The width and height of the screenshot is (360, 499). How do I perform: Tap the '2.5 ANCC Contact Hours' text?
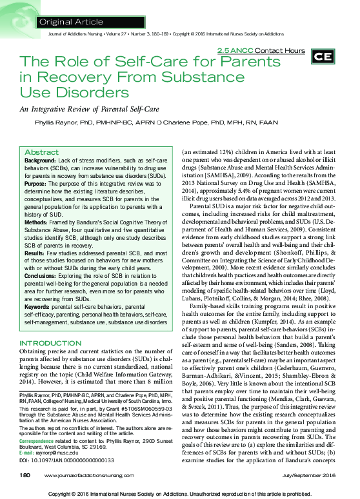click(x=261, y=50)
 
